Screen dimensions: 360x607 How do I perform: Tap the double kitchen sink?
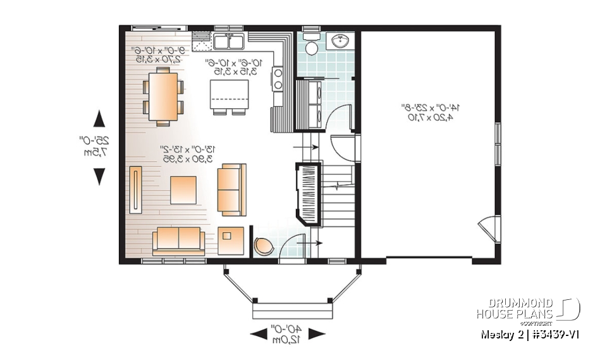pyautogui.click(x=230, y=42)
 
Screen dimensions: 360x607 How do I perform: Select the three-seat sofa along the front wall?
pyautogui.click(x=178, y=240)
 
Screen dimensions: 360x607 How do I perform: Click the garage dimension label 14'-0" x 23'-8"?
pyautogui.click(x=429, y=112)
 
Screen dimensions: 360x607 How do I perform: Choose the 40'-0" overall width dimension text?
pyautogui.click(x=288, y=333)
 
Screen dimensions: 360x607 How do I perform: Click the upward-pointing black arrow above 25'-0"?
pyautogui.click(x=99, y=120)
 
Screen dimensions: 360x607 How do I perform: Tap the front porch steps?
pyautogui.click(x=292, y=311)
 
